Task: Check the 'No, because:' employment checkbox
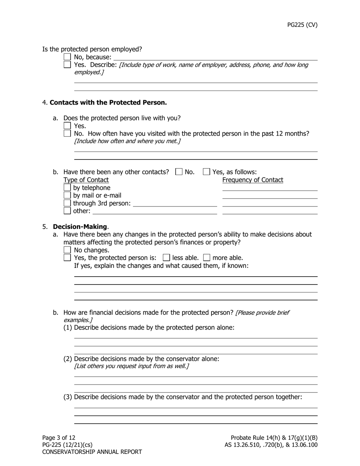[x=67, y=57]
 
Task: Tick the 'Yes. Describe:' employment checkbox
[x=67, y=64]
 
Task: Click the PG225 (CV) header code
[x=302, y=25]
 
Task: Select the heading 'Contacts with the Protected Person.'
[x=108, y=102]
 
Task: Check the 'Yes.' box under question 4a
[x=67, y=125]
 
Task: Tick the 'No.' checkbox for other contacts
[x=179, y=172]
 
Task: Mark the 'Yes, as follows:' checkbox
[x=207, y=172]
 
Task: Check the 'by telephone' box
[x=67, y=187]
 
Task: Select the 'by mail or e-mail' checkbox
[x=67, y=195]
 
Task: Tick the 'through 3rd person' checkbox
[x=67, y=203]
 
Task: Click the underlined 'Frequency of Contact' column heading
[x=252, y=180]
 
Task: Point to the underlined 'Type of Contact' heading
[x=86, y=180]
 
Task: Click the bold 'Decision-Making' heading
[x=80, y=227]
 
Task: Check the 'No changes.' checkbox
[x=67, y=250]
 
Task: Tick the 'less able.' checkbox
[x=166, y=258]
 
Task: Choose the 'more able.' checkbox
[x=207, y=258]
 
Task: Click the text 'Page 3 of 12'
[x=59, y=438]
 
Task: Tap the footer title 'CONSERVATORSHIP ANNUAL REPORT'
[x=92, y=452]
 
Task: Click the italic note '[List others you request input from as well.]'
[x=131, y=366]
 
